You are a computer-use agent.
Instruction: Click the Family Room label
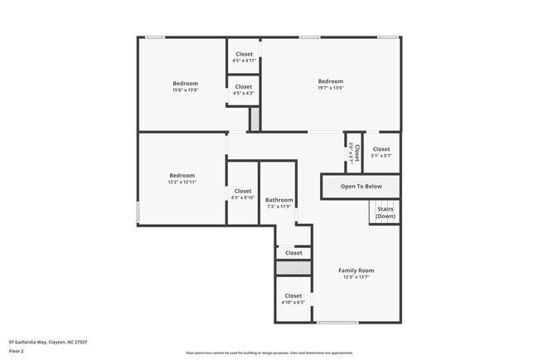pyautogui.click(x=356, y=270)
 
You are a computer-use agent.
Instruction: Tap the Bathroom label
pyautogui.click(x=279, y=200)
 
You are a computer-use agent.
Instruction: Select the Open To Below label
pyautogui.click(x=362, y=187)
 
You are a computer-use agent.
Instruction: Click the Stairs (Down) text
pyautogui.click(x=386, y=212)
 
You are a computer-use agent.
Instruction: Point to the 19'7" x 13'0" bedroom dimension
pyautogui.click(x=330, y=88)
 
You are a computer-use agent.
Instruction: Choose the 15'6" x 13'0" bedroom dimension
pyautogui.click(x=185, y=90)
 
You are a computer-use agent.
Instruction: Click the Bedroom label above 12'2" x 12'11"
pyautogui.click(x=182, y=175)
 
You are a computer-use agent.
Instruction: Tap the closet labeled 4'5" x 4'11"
pyautogui.click(x=244, y=57)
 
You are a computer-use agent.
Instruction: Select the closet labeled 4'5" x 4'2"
pyautogui.click(x=244, y=90)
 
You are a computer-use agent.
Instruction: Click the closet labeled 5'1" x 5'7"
pyautogui.click(x=381, y=152)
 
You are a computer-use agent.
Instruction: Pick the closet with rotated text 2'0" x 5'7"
pyautogui.click(x=354, y=152)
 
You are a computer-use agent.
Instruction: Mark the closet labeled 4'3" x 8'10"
pyautogui.click(x=243, y=194)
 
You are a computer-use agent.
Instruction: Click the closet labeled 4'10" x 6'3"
pyautogui.click(x=294, y=299)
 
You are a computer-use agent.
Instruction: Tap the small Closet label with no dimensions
pyautogui.click(x=294, y=253)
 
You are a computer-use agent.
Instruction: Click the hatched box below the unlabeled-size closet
pyautogui.click(x=293, y=269)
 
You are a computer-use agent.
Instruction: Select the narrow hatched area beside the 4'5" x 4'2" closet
pyautogui.click(x=255, y=119)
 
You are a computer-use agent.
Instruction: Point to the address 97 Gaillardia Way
pyautogui.click(x=48, y=342)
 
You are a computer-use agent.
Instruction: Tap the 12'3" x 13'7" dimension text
pyautogui.click(x=356, y=278)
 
